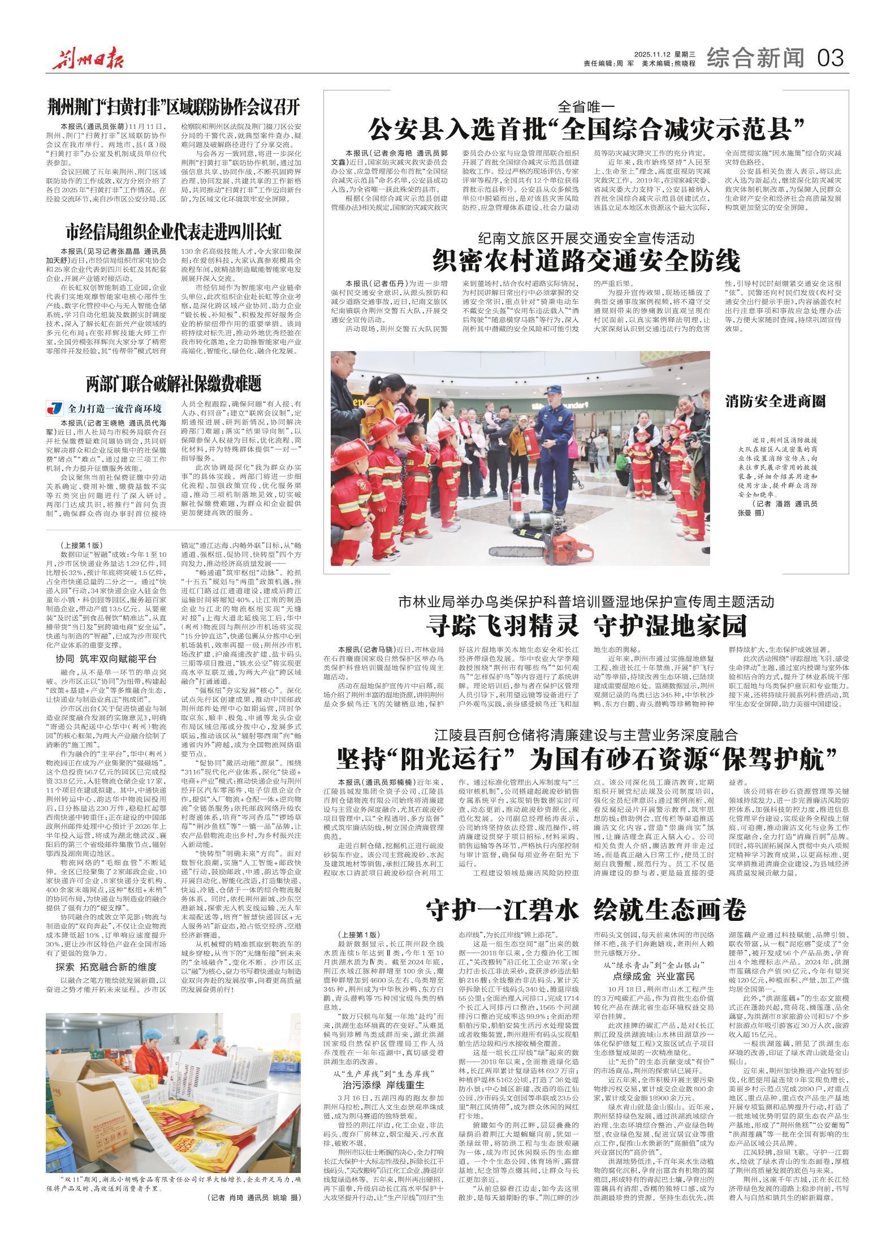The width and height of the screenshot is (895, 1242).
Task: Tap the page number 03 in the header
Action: tap(830, 57)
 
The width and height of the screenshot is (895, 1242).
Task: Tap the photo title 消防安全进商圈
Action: tap(776, 401)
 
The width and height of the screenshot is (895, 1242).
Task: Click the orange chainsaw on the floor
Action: tap(571, 551)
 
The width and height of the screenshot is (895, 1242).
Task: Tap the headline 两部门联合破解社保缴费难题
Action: tap(174, 384)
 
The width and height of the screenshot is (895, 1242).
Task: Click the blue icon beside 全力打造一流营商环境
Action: tap(55, 408)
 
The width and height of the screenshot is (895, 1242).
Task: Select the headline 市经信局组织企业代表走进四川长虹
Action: tap(174, 231)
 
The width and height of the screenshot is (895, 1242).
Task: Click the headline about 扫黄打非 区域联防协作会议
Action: tap(174, 106)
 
